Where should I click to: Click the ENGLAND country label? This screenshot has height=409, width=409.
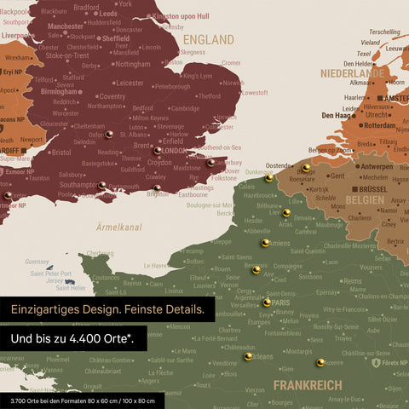209,39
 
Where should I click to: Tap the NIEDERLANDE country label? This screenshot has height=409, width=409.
353,73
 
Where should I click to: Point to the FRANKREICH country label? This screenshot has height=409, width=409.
308,385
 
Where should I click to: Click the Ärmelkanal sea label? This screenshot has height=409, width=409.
118,228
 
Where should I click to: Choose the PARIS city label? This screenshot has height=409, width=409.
282,302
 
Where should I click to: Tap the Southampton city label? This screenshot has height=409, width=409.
78,184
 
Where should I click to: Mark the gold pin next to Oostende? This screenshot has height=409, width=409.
268,178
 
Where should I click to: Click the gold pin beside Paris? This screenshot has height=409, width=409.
267,302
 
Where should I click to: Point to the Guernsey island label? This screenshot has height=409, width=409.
37,262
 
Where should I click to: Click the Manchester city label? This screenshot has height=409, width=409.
66,26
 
